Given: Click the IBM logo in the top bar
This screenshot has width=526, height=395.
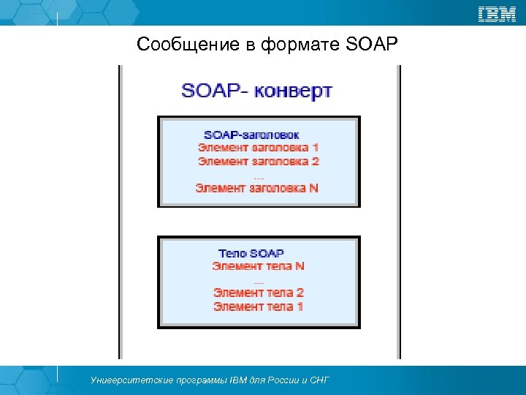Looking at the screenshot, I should click(497, 13).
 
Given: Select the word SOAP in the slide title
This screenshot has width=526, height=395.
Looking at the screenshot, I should click(370, 46).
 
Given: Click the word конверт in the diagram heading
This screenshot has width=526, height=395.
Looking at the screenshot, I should click(294, 92).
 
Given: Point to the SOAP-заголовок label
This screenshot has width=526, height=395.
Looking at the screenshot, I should click(251, 135).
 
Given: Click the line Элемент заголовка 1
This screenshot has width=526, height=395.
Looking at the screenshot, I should click(258, 148).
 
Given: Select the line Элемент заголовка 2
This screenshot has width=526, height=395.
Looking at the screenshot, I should click(259, 161).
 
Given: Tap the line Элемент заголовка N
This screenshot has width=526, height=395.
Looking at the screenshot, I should click(257, 188).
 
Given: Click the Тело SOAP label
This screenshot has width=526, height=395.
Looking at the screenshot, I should click(251, 253).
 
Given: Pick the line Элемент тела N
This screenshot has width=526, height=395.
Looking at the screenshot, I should click(259, 266).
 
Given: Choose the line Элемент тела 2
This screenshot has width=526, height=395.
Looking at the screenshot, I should click(259, 293).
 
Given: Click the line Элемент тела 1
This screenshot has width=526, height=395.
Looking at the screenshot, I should click(259, 306).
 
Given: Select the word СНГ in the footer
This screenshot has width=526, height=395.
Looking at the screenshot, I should click(319, 380).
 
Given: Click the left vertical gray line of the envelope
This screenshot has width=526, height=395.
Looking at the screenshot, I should click(121, 212).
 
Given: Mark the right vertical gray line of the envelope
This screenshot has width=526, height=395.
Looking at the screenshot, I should click(399, 212).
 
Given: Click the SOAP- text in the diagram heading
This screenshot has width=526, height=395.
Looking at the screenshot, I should click(214, 92).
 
